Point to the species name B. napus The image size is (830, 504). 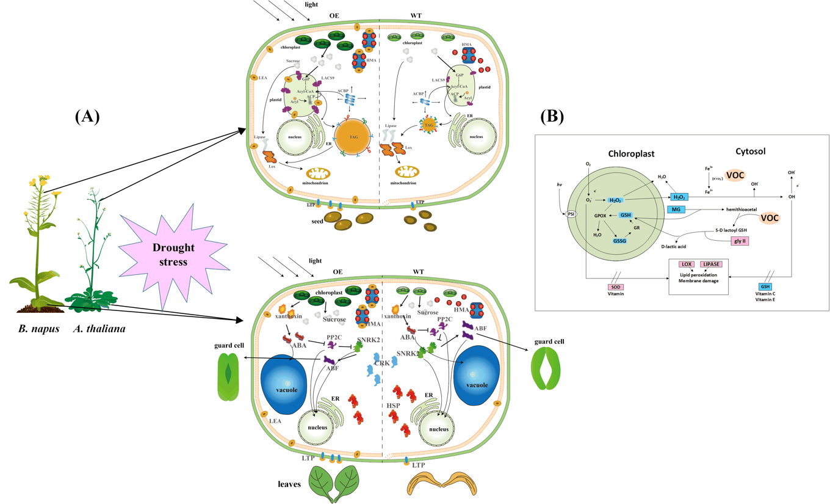pyautogui.click(x=38, y=329)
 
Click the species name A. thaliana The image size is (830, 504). pyautogui.click(x=99, y=329)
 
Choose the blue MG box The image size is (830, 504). pyautogui.click(x=676, y=210)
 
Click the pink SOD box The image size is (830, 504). pyautogui.click(x=616, y=287)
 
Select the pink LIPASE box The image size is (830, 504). pyautogui.click(x=712, y=265)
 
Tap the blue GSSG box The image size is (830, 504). pyautogui.click(x=622, y=241)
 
